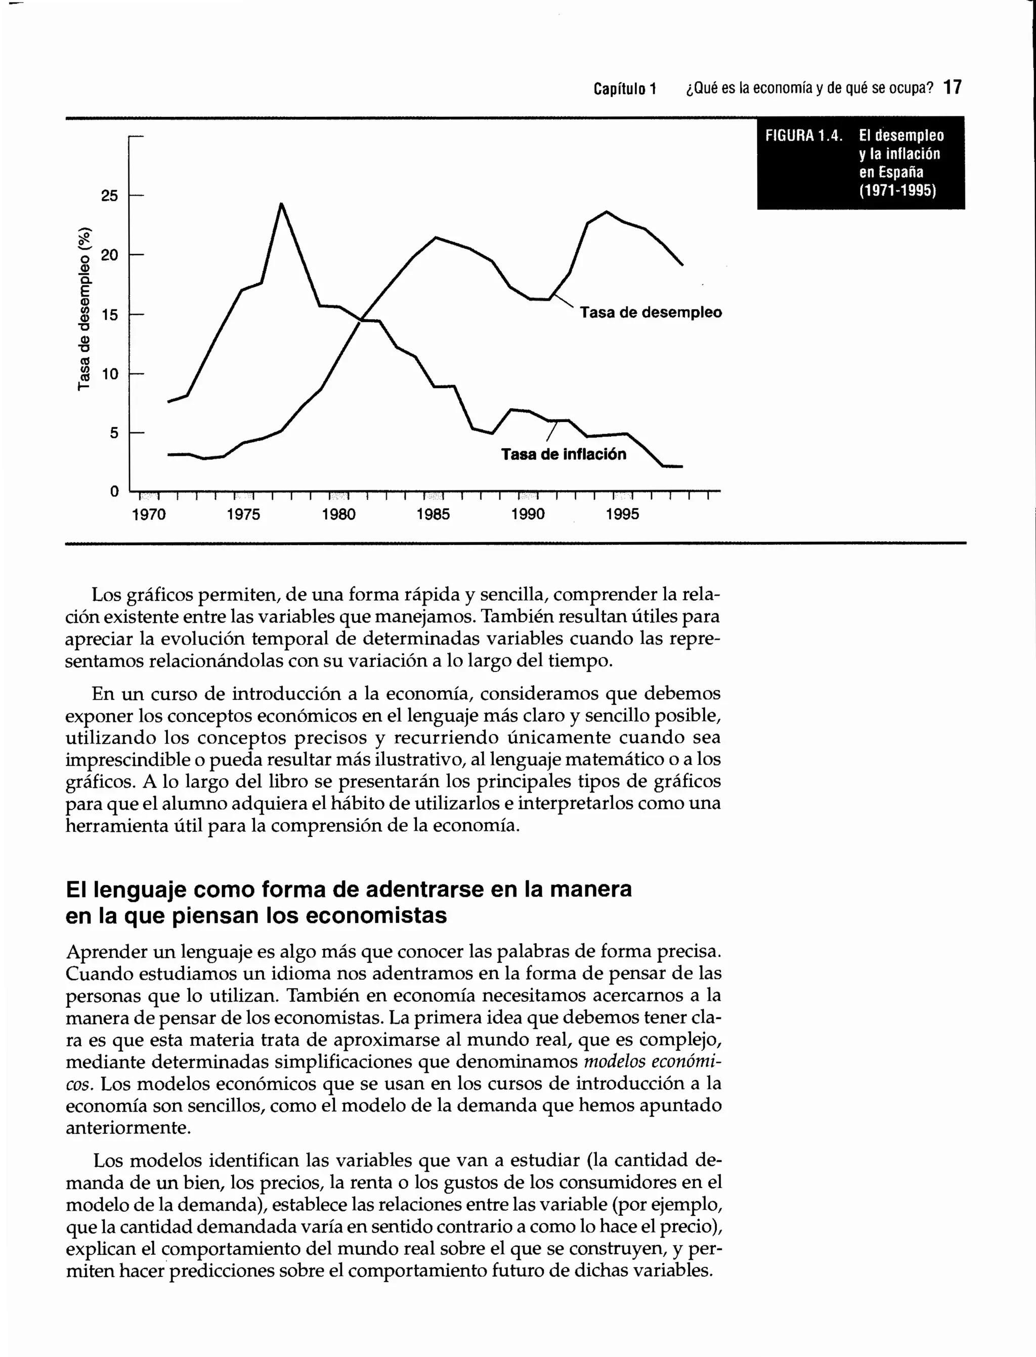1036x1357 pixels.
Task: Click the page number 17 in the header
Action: pyautogui.click(x=952, y=88)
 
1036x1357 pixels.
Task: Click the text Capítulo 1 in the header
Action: pyautogui.click(x=625, y=89)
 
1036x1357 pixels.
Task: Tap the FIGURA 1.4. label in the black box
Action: pyautogui.click(x=803, y=136)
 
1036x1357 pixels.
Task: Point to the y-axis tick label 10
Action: pyautogui.click(x=109, y=374)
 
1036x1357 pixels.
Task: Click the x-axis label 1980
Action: pyautogui.click(x=338, y=515)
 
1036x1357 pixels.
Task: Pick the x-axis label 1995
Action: pyautogui.click(x=622, y=515)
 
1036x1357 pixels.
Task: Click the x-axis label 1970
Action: pyautogui.click(x=149, y=515)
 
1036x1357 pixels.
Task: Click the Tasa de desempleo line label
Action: pyautogui.click(x=651, y=312)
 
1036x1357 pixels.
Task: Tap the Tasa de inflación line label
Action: pyautogui.click(x=563, y=454)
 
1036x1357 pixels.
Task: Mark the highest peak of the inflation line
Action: pyautogui.click(x=281, y=204)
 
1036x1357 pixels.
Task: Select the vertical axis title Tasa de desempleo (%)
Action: pyautogui.click(x=84, y=309)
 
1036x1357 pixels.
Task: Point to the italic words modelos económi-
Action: pyautogui.click(x=653, y=1062)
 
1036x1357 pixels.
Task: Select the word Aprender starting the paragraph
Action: pyautogui.click(x=107, y=952)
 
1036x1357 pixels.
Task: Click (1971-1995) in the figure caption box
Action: pyautogui.click(x=897, y=191)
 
